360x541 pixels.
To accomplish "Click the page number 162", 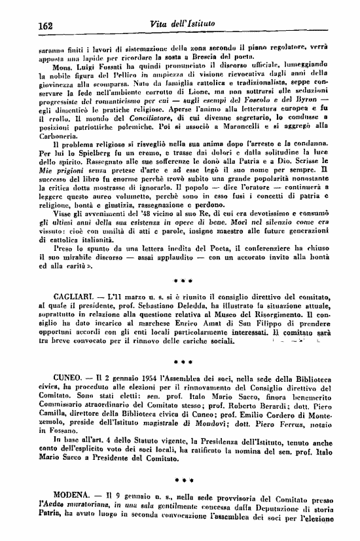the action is [46, 26].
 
